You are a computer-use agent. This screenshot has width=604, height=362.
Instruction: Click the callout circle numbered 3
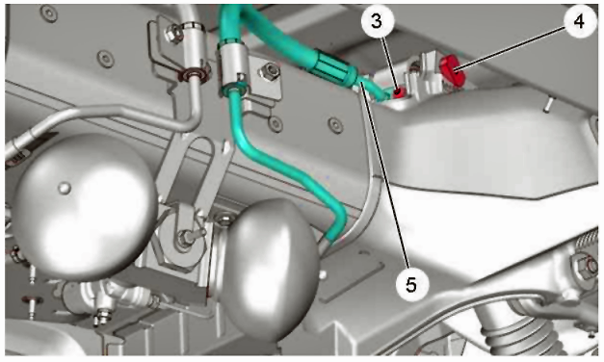point(377,21)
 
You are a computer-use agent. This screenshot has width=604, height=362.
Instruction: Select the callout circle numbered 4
point(580,21)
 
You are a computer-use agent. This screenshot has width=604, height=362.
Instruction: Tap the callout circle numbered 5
point(411,285)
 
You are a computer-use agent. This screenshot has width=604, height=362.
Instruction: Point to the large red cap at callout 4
point(453,71)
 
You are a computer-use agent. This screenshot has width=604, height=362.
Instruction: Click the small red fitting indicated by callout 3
point(400,91)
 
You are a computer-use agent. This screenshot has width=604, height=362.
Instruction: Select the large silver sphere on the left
point(85,207)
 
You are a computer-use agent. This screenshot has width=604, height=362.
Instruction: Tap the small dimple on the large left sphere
point(65,188)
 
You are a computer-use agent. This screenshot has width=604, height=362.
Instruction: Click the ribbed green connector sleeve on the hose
point(332,67)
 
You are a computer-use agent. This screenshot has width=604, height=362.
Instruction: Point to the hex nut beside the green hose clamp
point(270,71)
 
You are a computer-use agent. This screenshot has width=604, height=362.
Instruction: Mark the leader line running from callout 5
point(382,174)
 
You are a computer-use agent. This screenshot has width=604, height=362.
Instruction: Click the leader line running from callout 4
point(511,44)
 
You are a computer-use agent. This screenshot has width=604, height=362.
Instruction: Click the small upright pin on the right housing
point(548,105)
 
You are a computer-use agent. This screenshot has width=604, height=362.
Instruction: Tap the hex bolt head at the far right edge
point(587,266)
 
